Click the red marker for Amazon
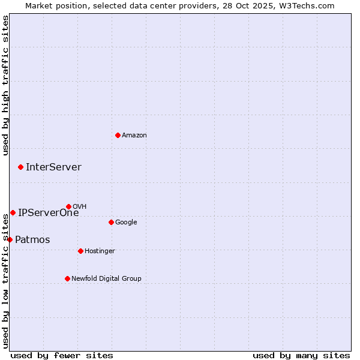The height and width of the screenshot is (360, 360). [x=118, y=135]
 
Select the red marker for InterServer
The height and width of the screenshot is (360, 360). [x=20, y=167]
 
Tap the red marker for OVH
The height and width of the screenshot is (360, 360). [x=68, y=206]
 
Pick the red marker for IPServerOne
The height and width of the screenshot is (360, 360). [x=13, y=212]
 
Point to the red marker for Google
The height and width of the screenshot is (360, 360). [x=111, y=222]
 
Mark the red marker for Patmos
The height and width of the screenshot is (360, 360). [x=10, y=239]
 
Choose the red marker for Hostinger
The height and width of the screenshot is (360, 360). [x=80, y=251]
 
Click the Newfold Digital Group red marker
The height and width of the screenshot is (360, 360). [x=67, y=278]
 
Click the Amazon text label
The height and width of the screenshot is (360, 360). [x=134, y=136]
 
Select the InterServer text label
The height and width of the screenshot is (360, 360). [x=53, y=167]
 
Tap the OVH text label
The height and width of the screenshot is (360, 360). [x=80, y=207]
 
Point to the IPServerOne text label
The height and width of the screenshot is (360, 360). [x=48, y=212]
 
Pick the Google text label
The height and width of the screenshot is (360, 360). [x=126, y=223]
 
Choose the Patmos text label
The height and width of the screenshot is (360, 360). [x=32, y=240]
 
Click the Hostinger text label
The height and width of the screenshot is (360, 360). [x=100, y=251]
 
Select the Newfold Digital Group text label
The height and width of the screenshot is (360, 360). [x=106, y=279]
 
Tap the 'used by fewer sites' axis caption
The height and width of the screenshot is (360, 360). [x=62, y=355]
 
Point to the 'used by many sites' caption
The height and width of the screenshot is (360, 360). [x=301, y=355]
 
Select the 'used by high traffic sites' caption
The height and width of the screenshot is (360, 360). [x=6, y=85]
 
